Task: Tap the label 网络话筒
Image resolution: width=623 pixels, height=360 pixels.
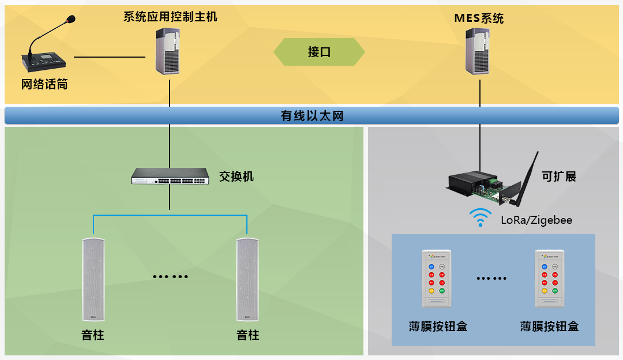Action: (44, 85)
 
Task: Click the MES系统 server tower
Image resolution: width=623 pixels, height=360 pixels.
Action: (479, 51)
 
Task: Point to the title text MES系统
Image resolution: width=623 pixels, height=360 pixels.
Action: (479, 18)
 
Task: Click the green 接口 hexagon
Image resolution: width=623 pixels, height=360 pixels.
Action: (319, 52)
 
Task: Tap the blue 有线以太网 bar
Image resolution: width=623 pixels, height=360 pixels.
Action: (311, 116)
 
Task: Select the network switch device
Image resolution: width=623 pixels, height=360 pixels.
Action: (170, 176)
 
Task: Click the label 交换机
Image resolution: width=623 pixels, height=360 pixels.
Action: (237, 177)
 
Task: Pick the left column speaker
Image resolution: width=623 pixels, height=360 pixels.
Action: (92, 279)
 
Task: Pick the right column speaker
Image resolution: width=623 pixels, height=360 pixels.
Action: (247, 279)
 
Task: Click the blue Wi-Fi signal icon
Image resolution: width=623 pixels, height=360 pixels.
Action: (480, 218)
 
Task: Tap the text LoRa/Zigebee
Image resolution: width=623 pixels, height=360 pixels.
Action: (536, 220)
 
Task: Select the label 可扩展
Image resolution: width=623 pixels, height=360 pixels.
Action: (559, 177)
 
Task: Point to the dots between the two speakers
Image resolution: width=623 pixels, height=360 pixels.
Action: (170, 276)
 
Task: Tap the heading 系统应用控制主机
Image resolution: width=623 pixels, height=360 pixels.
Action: (170, 16)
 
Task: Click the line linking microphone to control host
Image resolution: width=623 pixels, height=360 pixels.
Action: (110, 57)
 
